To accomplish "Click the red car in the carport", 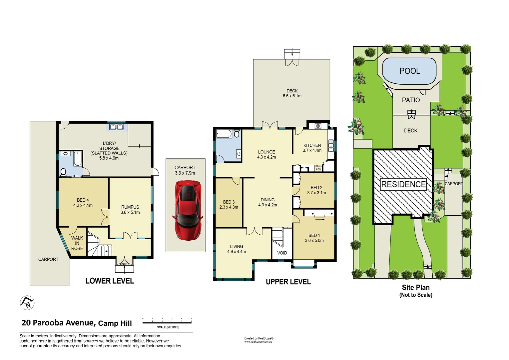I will [x=188, y=210].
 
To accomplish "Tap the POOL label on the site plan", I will [x=409, y=71].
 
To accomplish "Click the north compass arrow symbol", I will [x=27, y=303].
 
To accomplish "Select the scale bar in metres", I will [x=167, y=322].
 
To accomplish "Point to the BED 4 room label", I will [x=83, y=200].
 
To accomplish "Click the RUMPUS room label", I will [x=130, y=207].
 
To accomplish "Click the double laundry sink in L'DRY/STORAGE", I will [x=116, y=127].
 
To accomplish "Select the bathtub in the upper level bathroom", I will [x=224, y=134].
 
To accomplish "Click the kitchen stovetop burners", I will [x=318, y=126].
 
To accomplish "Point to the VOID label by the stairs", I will [x=282, y=253].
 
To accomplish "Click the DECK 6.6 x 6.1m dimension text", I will [x=292, y=96].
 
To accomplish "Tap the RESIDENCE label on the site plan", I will [x=403, y=184].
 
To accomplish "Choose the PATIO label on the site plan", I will [x=411, y=100].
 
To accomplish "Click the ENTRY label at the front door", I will [x=124, y=264].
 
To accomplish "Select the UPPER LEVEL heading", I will [x=288, y=282].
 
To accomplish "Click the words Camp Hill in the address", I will [x=115, y=323].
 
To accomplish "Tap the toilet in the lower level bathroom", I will [x=63, y=172].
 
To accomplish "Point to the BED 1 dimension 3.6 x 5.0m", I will [x=314, y=241].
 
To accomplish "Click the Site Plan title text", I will [x=416, y=287].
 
